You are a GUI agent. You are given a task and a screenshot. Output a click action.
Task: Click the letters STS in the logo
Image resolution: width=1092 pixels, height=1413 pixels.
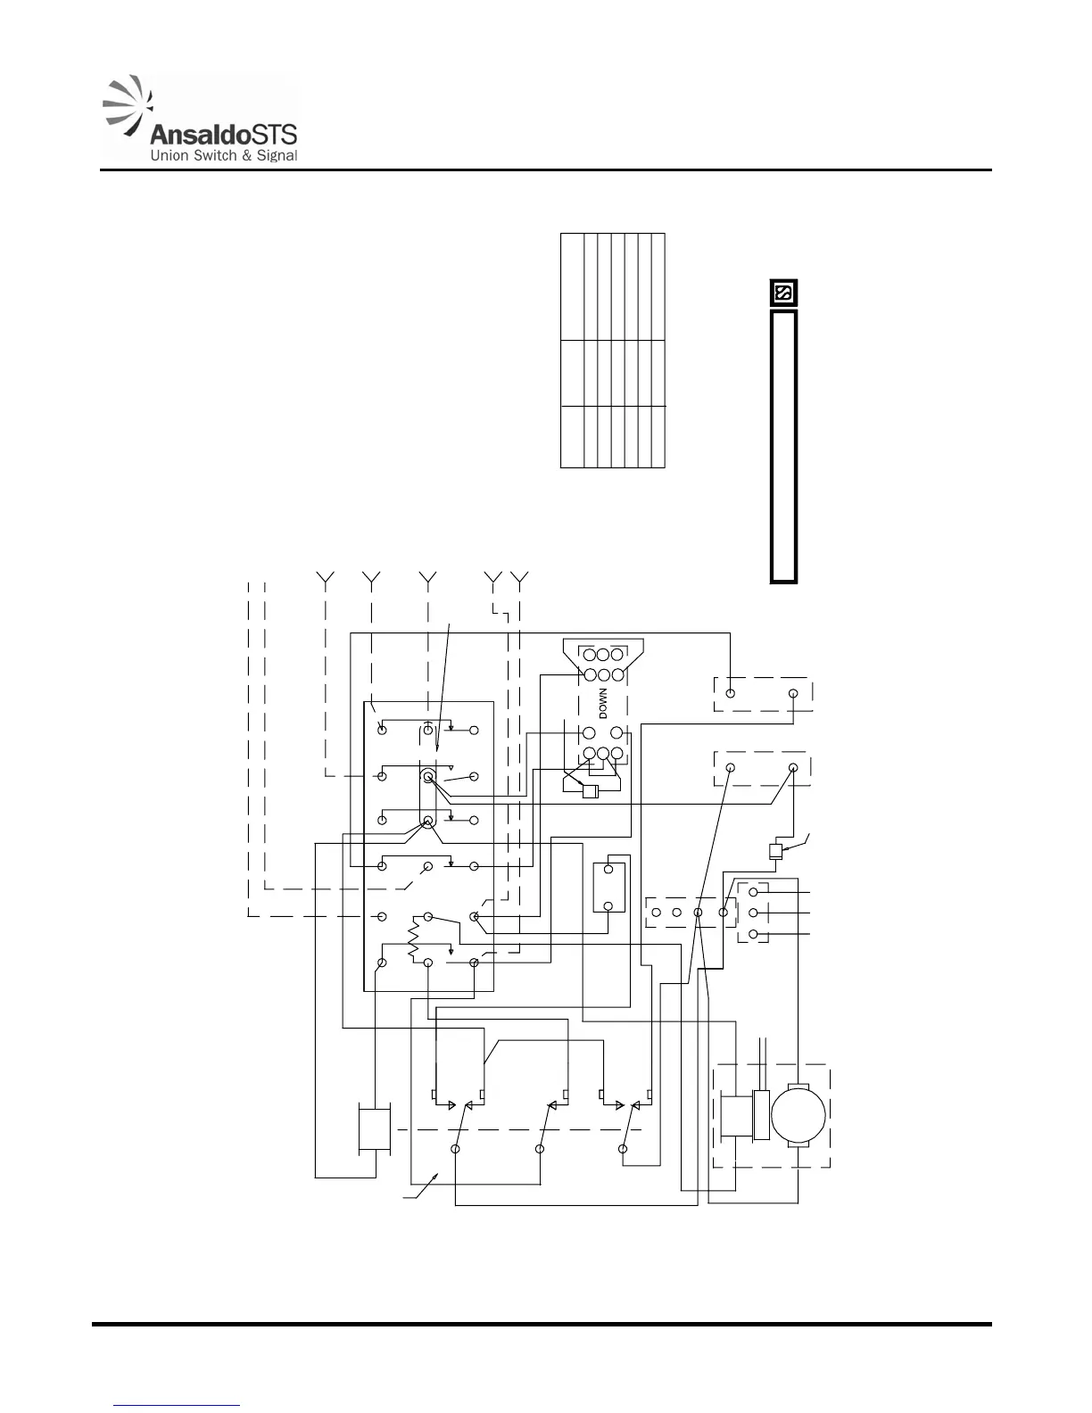[x=271, y=135]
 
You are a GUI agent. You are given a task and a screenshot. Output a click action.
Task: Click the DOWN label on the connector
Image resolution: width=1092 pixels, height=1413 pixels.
[x=603, y=703]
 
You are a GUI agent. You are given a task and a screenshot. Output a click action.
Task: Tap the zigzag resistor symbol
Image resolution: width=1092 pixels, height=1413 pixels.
[x=412, y=942]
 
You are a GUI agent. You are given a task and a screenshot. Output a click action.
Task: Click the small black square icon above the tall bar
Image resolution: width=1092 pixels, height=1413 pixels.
[x=783, y=293]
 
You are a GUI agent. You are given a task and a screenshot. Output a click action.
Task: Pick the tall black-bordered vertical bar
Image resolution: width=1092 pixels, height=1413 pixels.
[x=783, y=446]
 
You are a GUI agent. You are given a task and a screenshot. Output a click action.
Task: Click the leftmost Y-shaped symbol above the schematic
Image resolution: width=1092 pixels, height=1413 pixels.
[x=327, y=579]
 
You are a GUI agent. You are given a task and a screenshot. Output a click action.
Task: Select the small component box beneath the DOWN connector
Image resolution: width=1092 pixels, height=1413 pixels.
[x=589, y=791]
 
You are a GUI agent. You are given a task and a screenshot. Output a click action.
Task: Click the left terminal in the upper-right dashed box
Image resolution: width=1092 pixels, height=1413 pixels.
[x=731, y=693]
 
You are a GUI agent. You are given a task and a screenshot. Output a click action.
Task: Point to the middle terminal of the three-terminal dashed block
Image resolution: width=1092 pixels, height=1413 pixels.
[x=755, y=913]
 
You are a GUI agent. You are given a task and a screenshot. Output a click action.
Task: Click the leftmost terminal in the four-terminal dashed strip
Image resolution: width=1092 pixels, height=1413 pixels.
[x=657, y=913]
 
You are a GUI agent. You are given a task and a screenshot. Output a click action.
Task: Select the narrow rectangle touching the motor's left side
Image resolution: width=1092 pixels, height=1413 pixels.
[x=761, y=1115]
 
